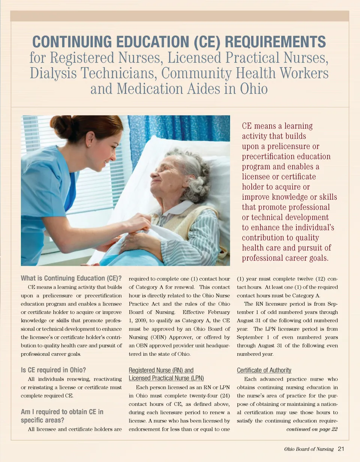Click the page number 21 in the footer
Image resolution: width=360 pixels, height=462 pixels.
(x=341, y=449)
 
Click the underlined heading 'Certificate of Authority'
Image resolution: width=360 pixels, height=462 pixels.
(x=264, y=370)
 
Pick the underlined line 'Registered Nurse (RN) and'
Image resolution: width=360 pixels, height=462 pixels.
(x=161, y=370)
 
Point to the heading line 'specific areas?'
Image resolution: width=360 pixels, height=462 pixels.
(x=43, y=420)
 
